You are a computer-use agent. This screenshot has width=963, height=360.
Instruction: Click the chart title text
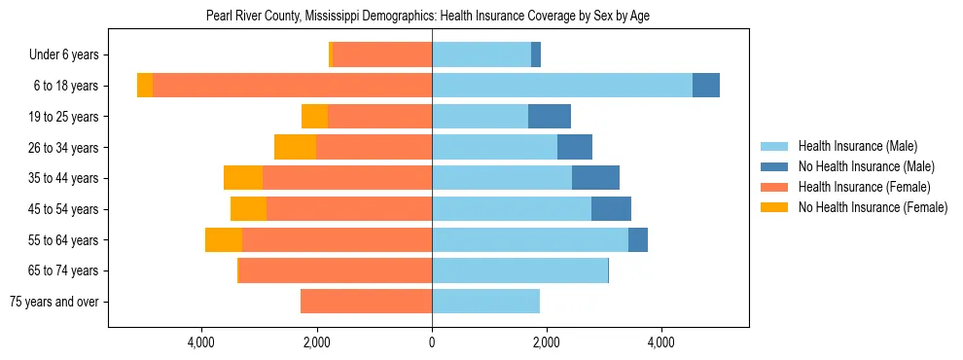click(428, 17)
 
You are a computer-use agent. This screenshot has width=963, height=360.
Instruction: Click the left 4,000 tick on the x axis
click(202, 342)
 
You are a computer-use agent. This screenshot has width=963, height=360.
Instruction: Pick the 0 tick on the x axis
click(432, 342)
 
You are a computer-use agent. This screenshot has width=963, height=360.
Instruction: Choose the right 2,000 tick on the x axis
click(547, 342)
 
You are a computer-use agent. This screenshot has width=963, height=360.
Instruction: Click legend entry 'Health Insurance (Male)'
click(857, 146)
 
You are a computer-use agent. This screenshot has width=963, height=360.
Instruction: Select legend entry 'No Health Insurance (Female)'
click(873, 207)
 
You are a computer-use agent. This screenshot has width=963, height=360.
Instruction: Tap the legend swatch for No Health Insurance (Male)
click(774, 166)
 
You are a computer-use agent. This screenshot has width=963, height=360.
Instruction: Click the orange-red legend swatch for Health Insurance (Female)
click(774, 187)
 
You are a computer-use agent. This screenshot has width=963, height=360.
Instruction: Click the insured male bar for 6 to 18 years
click(562, 86)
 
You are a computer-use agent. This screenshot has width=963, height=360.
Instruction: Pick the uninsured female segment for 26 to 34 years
click(295, 147)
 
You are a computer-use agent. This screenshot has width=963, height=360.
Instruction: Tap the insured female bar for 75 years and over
click(366, 302)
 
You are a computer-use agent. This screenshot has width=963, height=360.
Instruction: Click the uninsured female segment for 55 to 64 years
click(224, 239)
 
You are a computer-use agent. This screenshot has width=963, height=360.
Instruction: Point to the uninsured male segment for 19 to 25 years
click(550, 117)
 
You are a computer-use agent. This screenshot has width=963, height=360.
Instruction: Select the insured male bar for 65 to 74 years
click(519, 270)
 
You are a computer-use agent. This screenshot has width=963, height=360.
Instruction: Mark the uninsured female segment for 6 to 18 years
click(145, 86)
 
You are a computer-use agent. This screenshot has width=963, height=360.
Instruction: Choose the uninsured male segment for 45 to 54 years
click(611, 209)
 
